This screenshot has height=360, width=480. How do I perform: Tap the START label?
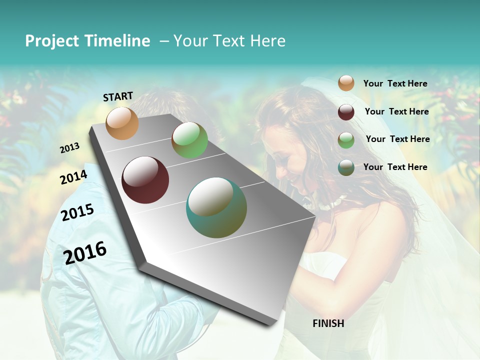pos(118,96)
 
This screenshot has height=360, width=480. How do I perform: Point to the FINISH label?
pos(328,323)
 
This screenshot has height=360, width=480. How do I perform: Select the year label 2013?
pos(70,148)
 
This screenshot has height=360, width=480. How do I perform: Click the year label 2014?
pos(74,177)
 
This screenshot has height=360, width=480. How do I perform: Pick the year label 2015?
pos(77,212)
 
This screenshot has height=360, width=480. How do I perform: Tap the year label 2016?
pos(85,253)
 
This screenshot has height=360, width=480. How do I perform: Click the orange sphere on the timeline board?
pos(122,123)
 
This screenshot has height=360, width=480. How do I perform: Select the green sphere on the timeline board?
pos(189,140)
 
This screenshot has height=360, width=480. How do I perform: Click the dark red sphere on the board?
pos(145,180)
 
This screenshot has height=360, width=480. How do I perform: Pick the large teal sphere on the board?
pos(216,207)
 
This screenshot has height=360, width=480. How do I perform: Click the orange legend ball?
pos(346,83)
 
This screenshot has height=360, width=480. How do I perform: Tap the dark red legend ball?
pos(346,111)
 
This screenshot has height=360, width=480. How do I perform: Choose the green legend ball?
pos(346,139)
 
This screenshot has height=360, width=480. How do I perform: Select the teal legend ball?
pos(346,167)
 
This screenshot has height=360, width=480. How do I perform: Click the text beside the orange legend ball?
pos(395,84)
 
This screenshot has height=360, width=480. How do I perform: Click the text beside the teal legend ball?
pos(395,167)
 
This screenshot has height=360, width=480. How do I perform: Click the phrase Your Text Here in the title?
pos(229,41)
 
